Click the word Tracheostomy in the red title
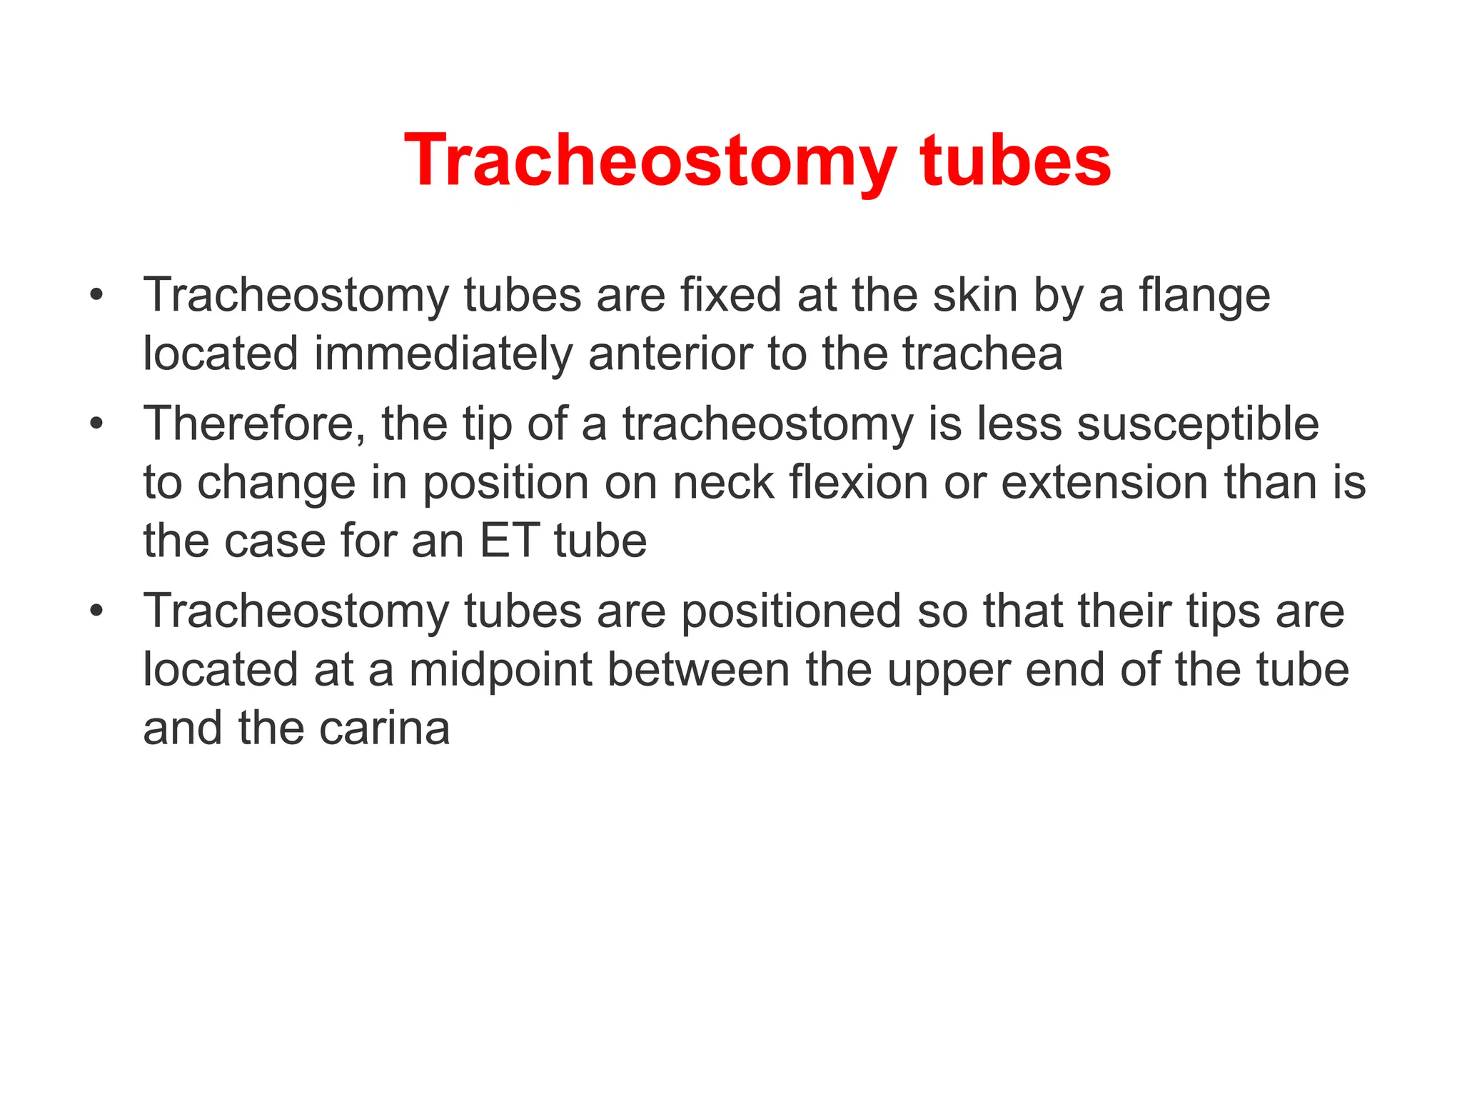click(x=650, y=161)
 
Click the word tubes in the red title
click(x=1015, y=161)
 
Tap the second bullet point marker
click(x=97, y=424)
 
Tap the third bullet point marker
click(x=97, y=611)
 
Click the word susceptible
click(x=1198, y=424)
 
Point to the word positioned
click(x=791, y=612)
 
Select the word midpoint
click(x=500, y=671)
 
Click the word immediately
click(x=443, y=354)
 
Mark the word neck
click(x=723, y=483)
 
